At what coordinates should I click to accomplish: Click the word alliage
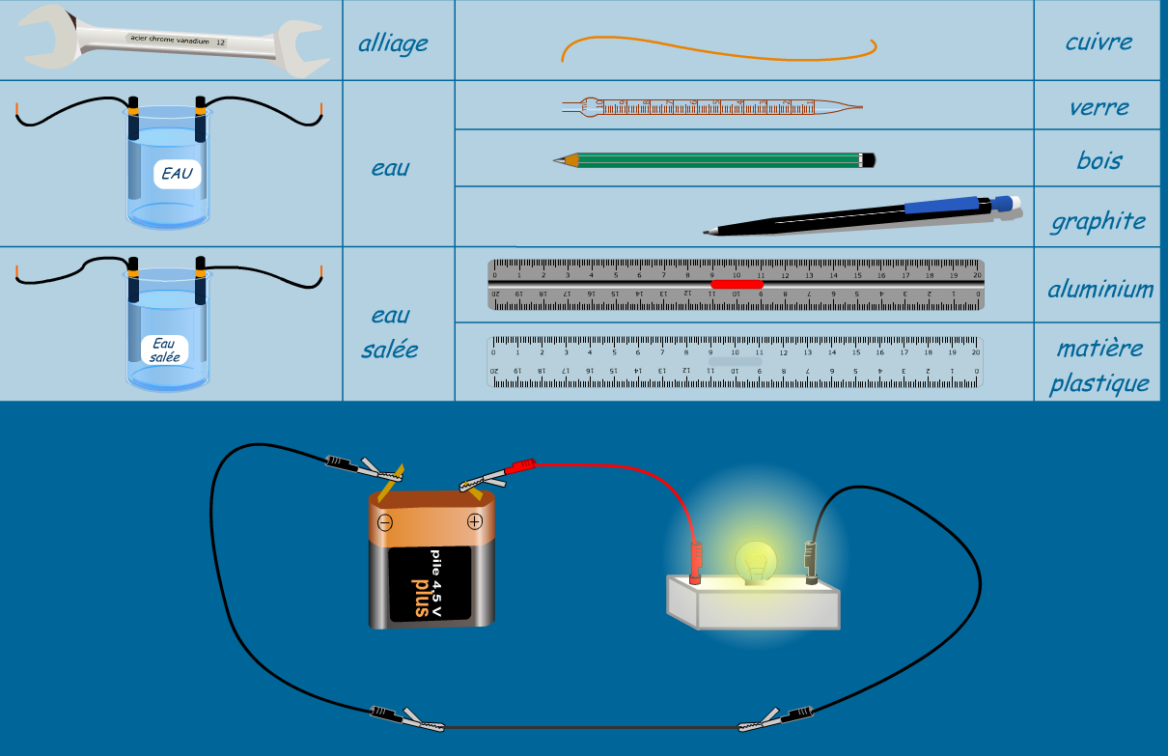pos(393,43)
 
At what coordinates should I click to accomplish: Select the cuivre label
pos(1098,42)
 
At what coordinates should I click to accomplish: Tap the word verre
pos(1098,107)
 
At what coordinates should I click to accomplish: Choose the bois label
pos(1098,160)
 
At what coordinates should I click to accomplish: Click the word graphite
pos(1098,221)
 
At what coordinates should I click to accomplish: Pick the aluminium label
pos(1100,289)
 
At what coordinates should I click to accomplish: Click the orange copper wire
pos(719,45)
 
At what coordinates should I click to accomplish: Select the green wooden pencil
pos(714,159)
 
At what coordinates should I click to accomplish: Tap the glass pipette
pos(709,107)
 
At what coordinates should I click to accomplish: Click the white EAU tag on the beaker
pos(177,175)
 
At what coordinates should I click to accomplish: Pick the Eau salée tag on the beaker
pos(164,350)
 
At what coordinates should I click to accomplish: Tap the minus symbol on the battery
pos(385,522)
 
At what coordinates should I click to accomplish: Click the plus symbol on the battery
pos(474,522)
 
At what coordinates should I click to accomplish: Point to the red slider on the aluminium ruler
pos(737,284)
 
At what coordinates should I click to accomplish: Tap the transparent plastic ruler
pos(736,361)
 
